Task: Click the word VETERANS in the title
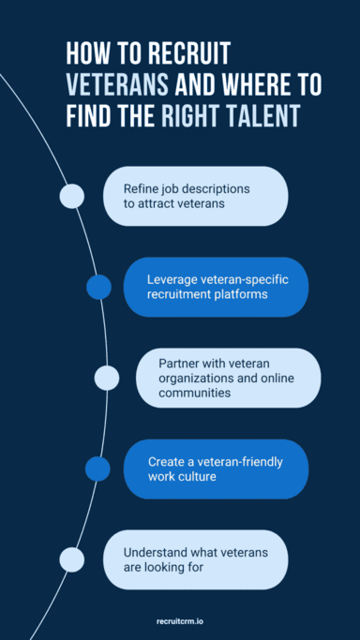pyautogui.click(x=117, y=85)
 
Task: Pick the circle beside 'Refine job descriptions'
pyautogui.click(x=72, y=196)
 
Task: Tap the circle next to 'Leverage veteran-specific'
pyautogui.click(x=98, y=287)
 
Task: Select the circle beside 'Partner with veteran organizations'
pyautogui.click(x=107, y=378)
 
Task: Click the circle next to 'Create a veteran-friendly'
pyautogui.click(x=97, y=469)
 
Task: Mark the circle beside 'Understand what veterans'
pyautogui.click(x=72, y=559)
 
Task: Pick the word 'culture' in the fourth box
pyautogui.click(x=199, y=478)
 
